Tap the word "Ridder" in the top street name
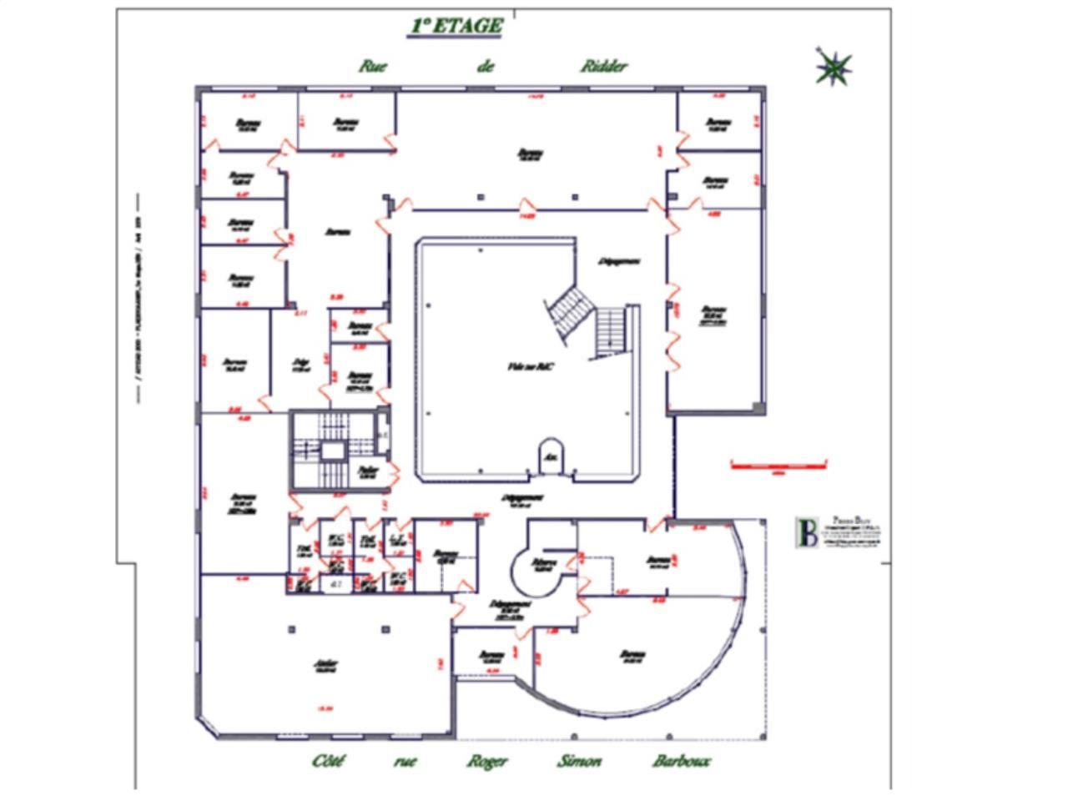click(604, 67)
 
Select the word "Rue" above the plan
click(376, 67)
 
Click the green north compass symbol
click(834, 68)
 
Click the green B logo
click(808, 532)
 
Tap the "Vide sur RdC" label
click(531, 366)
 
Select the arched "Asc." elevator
click(551, 456)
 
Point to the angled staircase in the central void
click(565, 311)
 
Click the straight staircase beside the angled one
click(611, 330)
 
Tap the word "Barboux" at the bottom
click(681, 761)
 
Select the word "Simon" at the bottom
click(579, 761)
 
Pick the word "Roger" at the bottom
click(486, 761)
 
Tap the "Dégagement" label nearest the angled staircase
click(619, 261)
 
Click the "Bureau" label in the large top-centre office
click(530, 154)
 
